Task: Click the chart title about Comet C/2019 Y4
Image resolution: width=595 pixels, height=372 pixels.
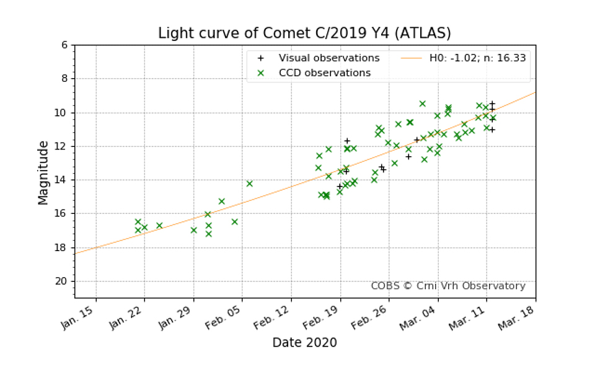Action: [304, 33]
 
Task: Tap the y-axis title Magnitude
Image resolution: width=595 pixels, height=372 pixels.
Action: [43, 172]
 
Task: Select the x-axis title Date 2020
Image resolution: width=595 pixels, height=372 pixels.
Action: [304, 342]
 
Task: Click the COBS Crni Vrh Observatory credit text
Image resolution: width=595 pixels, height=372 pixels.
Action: [447, 286]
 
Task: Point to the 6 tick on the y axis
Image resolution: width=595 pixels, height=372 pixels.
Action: [64, 45]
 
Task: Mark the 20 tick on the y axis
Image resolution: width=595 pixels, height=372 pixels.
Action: [62, 281]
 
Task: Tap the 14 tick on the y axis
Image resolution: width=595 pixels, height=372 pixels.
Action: [62, 180]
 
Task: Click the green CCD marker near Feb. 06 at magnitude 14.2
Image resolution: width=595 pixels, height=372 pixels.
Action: [249, 184]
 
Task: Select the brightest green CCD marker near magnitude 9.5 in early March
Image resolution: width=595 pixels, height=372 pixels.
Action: [422, 104]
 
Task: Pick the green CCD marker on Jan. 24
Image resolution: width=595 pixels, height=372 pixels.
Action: [159, 226]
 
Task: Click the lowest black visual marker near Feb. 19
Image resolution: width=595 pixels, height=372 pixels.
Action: [340, 186]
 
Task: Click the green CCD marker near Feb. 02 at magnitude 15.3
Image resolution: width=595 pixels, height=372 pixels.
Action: [221, 201]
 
